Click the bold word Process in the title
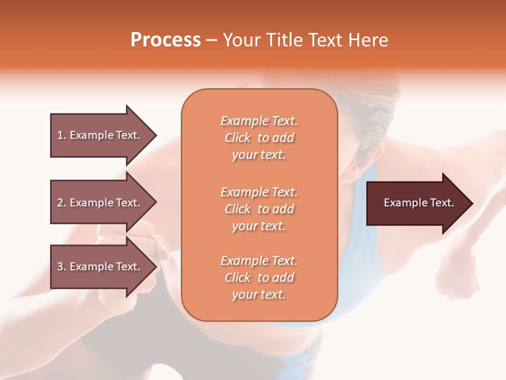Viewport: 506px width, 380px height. pyautogui.click(x=166, y=40)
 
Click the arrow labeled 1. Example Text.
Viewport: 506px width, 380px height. pyautogui.click(x=100, y=135)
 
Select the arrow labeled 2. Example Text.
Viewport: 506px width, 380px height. pyautogui.click(x=100, y=203)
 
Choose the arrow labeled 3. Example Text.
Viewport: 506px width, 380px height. pyautogui.click(x=100, y=267)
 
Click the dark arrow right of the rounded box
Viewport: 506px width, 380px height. pyautogui.click(x=416, y=203)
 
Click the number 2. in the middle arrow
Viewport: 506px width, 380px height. pyautogui.click(x=62, y=203)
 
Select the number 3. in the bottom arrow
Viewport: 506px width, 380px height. pyautogui.click(x=62, y=267)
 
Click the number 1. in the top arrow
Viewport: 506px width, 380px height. pyautogui.click(x=62, y=135)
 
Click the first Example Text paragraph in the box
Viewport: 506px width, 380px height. pyautogui.click(x=259, y=138)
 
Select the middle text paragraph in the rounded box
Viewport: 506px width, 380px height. pyautogui.click(x=259, y=209)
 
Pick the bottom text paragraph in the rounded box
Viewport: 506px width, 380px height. pyautogui.click(x=259, y=278)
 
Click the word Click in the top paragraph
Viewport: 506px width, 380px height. pyautogui.click(x=238, y=138)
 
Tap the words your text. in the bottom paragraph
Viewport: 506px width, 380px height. pyautogui.click(x=259, y=294)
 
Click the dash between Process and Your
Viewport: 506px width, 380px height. pyautogui.click(x=212, y=41)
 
